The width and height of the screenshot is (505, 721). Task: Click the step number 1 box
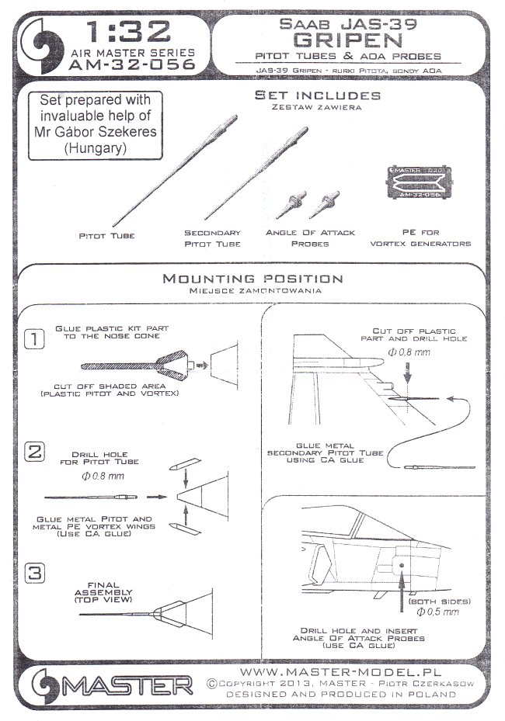coord(33,338)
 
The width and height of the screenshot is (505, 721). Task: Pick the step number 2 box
coord(33,451)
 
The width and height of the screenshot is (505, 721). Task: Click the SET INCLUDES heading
coord(318,95)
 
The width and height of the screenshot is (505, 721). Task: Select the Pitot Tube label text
coord(101,234)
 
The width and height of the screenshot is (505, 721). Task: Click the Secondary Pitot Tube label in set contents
coord(212,237)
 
